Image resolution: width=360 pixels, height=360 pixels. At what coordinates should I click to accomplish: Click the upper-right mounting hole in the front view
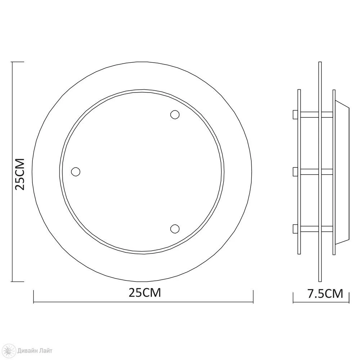pos(175,114)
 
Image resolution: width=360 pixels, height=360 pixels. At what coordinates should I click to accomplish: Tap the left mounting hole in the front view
pos(76,171)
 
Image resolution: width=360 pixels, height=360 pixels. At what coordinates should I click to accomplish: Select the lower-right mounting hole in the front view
pos(175,229)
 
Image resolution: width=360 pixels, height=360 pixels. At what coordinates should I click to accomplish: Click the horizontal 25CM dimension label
pos(145,293)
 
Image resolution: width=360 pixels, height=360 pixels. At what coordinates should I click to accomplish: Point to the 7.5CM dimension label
pos(325,294)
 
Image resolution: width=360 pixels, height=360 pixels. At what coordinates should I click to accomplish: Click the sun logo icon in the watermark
pos(10,351)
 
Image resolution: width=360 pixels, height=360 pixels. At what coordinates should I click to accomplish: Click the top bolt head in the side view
pos(295,114)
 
